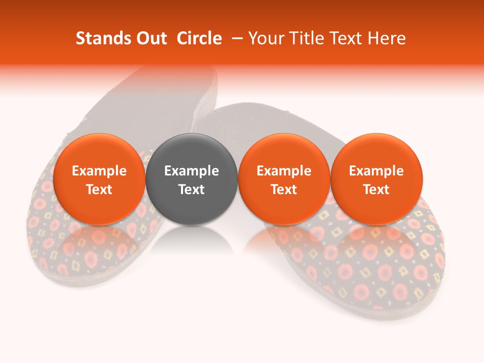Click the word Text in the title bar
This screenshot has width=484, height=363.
pos(346,39)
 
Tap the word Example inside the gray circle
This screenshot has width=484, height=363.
pos(192,171)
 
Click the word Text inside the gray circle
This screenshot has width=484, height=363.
pos(192,190)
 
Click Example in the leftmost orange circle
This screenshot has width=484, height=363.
pos(99,171)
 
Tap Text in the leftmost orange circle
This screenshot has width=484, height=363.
pos(99,190)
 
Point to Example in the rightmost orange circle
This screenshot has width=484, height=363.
pos(377,171)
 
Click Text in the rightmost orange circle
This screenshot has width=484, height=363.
pos(377,190)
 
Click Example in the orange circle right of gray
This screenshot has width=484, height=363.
pos(284,171)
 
